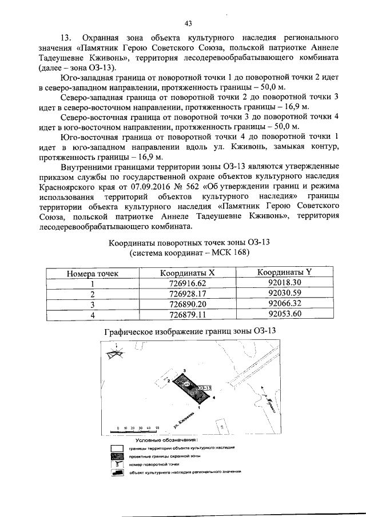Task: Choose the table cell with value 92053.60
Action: [284, 314]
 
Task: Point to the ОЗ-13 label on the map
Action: [205, 387]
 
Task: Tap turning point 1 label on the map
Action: [198, 408]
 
